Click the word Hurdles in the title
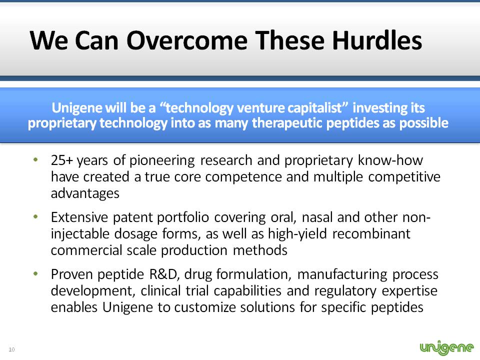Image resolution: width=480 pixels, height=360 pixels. (x=377, y=40)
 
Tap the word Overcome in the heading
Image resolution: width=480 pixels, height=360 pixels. (x=186, y=40)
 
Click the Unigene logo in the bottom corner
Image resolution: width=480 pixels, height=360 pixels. (x=446, y=347)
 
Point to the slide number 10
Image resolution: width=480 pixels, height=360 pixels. (x=11, y=349)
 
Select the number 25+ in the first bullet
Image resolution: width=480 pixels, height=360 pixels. (x=62, y=160)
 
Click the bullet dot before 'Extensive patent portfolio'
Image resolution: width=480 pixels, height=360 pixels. (x=36, y=216)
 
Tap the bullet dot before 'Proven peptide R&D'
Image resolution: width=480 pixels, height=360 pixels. (x=36, y=273)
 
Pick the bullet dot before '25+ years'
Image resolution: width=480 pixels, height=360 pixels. (x=36, y=159)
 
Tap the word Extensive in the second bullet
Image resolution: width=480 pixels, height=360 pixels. (x=79, y=217)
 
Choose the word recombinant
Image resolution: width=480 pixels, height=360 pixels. (x=371, y=233)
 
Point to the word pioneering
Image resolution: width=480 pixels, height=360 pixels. (x=162, y=160)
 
